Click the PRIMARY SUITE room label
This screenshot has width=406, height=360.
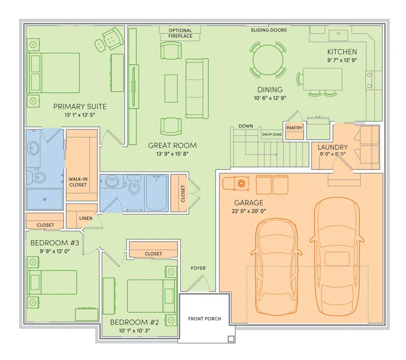point(80,106)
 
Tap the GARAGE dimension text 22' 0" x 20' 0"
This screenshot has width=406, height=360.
point(249,211)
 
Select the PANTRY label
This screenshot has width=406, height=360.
point(294,128)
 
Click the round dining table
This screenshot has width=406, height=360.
point(268,60)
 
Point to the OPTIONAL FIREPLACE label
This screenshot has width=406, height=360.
point(180,33)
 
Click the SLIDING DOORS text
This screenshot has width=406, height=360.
point(269,30)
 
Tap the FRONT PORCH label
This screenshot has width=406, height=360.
point(205,319)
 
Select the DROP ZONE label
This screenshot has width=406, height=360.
point(272,134)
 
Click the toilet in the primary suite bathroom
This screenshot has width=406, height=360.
point(36,177)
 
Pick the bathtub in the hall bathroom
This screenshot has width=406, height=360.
point(156,193)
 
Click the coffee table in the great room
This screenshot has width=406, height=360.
point(171,88)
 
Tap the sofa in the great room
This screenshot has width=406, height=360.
point(197,88)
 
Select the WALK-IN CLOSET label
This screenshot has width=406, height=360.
point(78,182)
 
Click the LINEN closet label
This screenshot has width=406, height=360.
point(86,218)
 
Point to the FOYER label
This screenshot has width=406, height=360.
point(198,268)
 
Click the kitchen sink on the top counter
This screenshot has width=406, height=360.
point(338,35)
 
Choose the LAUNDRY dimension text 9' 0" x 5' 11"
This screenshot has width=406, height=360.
point(333,154)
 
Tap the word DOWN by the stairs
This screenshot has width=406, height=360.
point(246,126)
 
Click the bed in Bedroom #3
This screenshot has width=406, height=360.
point(52,282)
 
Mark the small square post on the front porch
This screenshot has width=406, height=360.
point(231,339)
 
